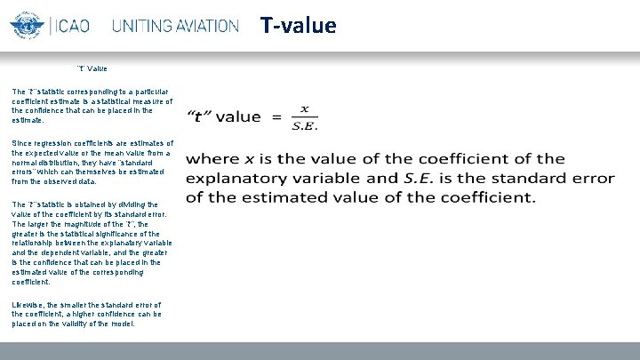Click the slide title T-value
tap(299, 25)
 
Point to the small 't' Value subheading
tap(92, 68)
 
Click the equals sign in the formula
tap(276, 116)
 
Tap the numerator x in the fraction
tap(305, 108)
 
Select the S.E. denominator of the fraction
tap(305, 125)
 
